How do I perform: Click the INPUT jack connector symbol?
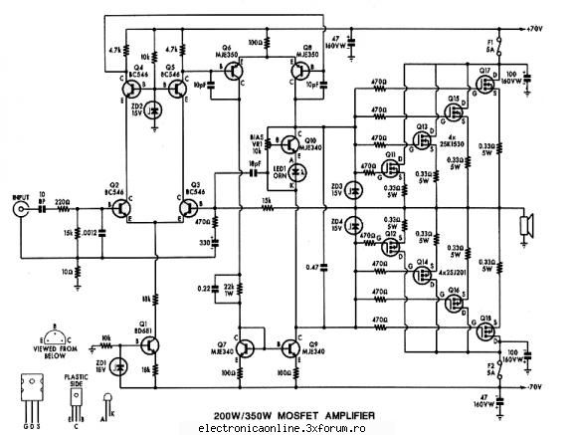coord(19,211)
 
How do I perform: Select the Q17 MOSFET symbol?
coord(485,81)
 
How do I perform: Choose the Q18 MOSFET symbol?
coord(485,325)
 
